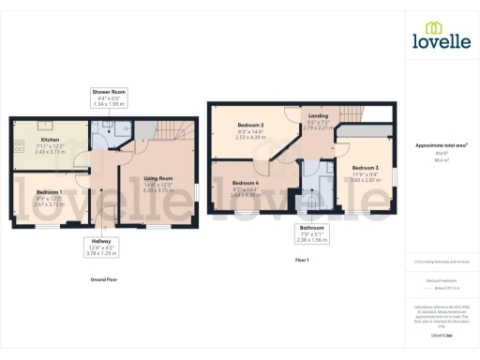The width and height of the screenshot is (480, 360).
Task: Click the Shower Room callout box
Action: pyautogui.click(x=109, y=98)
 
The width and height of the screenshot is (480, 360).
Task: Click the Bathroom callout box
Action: pyautogui.click(x=311, y=233)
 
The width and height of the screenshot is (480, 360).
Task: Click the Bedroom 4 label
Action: pyautogui.click(x=245, y=184)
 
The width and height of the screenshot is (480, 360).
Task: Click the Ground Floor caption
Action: pyautogui.click(x=104, y=280)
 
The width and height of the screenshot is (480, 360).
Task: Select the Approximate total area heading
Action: pyautogui.click(x=441, y=145)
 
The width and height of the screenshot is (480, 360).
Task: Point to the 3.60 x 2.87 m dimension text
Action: pyautogui.click(x=365, y=179)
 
